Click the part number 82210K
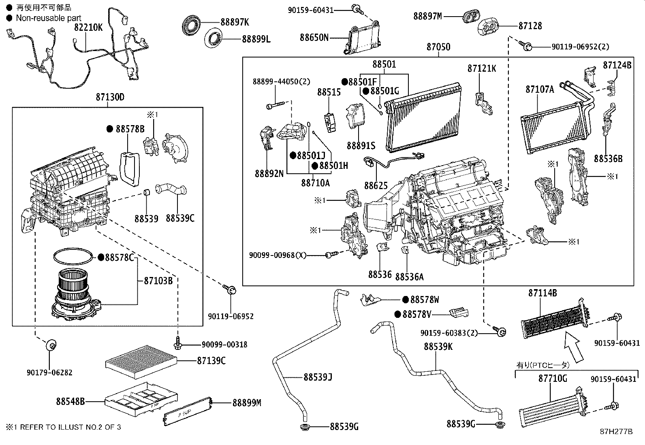click(x=88, y=28)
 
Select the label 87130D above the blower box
click(x=110, y=98)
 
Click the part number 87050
click(x=438, y=47)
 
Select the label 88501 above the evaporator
click(x=384, y=64)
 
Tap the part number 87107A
click(x=540, y=89)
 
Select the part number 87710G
click(x=552, y=379)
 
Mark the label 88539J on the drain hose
click(x=318, y=377)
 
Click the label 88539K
click(x=438, y=347)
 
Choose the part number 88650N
click(x=314, y=38)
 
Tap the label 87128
click(x=530, y=26)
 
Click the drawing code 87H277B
click(x=616, y=432)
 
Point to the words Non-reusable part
click(x=49, y=18)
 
